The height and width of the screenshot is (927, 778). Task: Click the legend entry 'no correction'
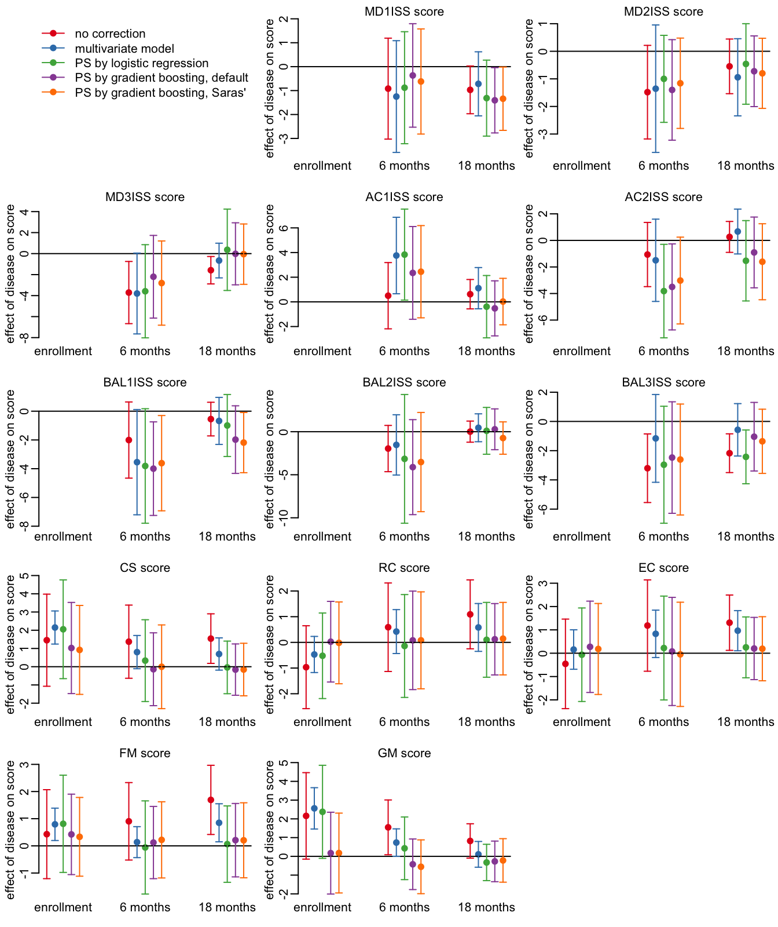(110, 34)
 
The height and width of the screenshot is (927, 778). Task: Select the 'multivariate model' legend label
(124, 49)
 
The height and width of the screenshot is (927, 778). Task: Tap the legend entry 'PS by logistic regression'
(142, 63)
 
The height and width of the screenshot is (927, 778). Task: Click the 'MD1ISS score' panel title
(404, 12)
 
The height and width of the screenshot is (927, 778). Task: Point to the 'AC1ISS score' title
(404, 197)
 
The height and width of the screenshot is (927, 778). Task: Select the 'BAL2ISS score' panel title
(404, 382)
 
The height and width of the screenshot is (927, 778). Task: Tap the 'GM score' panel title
(404, 753)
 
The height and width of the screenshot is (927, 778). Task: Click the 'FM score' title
(145, 753)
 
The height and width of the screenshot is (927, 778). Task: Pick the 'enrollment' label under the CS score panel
(63, 722)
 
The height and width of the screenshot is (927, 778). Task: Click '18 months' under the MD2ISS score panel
(746, 166)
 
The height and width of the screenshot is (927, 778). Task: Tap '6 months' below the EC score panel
(663, 722)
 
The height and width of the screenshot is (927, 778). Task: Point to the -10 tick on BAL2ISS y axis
(283, 518)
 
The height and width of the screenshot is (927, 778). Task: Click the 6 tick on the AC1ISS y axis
(283, 228)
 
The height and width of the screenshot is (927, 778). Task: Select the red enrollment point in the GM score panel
(306, 816)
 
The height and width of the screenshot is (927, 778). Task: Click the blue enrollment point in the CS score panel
(55, 627)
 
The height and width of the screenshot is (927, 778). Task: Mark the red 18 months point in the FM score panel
(211, 800)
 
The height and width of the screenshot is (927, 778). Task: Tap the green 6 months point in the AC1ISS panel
(405, 255)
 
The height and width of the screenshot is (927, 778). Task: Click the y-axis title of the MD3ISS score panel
(10, 273)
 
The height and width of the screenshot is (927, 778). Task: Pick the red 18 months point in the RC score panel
(470, 614)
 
